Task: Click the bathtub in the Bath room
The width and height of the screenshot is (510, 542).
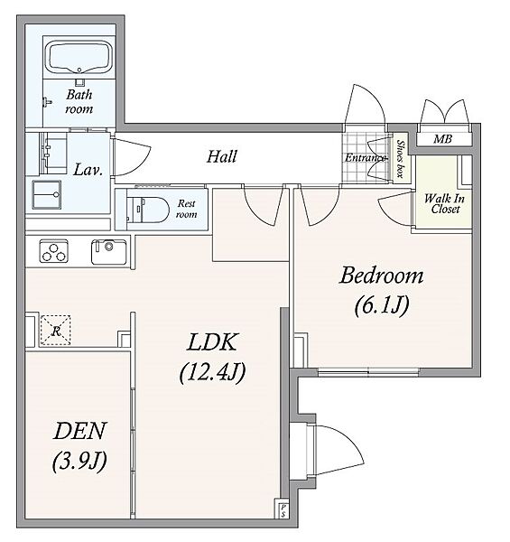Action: (79, 58)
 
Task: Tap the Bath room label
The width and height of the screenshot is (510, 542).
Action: (79, 101)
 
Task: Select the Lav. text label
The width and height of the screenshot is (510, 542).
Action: (88, 170)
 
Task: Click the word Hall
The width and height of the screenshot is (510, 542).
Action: (222, 156)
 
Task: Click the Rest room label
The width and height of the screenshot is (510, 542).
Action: (187, 209)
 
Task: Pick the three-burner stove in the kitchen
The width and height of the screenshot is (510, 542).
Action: (53, 251)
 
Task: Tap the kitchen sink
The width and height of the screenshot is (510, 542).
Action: (108, 252)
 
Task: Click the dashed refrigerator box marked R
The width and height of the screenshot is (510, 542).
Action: (56, 330)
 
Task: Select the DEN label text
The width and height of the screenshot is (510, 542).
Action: (79, 431)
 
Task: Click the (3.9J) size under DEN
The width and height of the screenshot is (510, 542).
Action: (79, 461)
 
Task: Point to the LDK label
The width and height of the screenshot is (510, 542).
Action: (212, 341)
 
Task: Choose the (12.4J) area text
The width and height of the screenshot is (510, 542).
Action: (212, 372)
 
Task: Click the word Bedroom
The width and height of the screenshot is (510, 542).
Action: (381, 276)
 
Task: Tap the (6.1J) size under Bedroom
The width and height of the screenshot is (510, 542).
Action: (382, 305)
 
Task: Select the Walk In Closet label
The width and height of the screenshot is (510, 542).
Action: (444, 203)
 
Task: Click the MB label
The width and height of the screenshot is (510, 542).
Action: (442, 139)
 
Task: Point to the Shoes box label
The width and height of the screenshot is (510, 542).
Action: (400, 159)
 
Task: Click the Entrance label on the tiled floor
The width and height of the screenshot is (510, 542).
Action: (366, 158)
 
